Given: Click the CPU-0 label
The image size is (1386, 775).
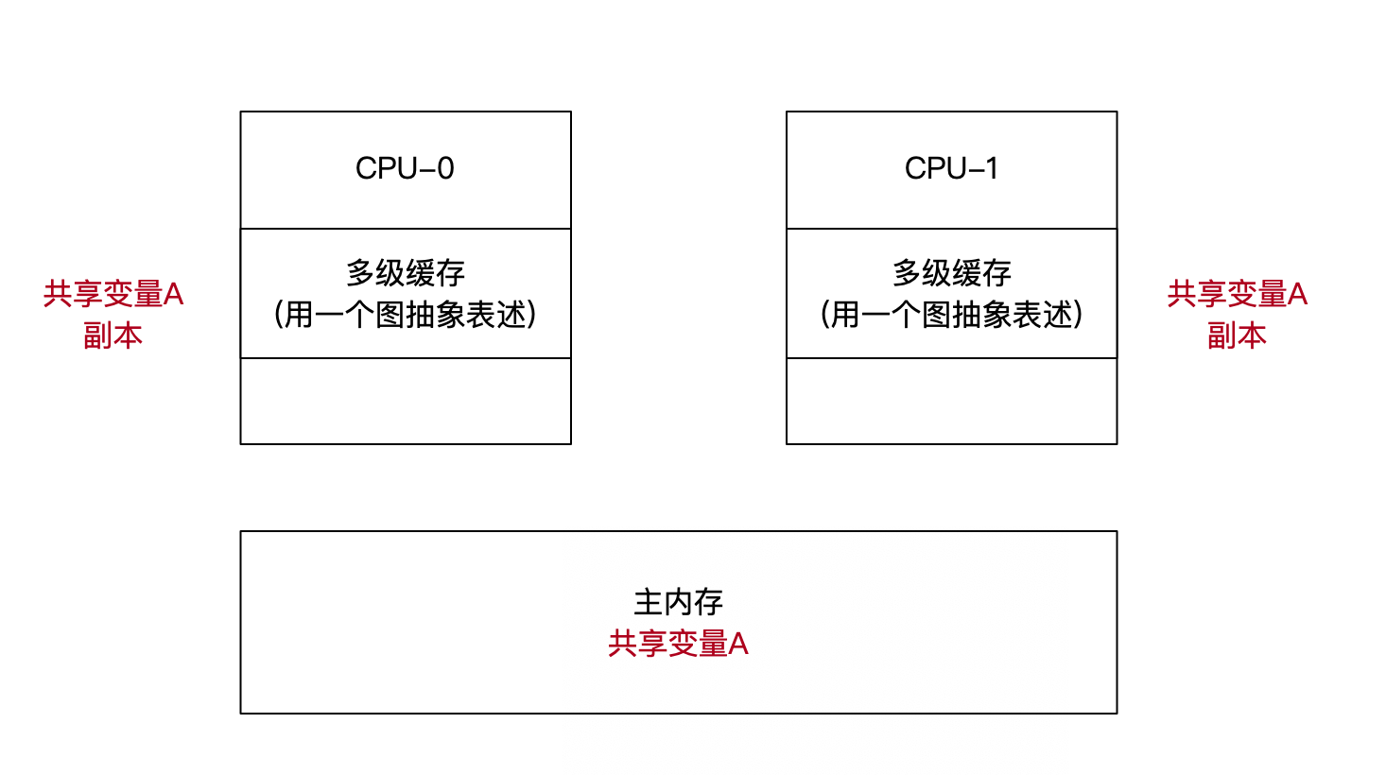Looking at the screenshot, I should coord(405,168).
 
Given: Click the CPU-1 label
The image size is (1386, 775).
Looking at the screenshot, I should coord(951,168).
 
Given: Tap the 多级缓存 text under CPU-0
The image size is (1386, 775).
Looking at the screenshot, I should coord(405,273).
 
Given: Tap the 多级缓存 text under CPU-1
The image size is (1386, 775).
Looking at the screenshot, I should coord(951,273).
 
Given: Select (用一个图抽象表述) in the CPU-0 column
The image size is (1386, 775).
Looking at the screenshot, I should coord(405,315).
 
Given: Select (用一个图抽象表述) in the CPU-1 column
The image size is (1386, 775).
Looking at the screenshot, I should coord(951,315).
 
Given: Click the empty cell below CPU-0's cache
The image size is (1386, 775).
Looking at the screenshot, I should coord(405,401).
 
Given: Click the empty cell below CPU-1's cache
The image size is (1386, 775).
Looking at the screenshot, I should coord(951,401).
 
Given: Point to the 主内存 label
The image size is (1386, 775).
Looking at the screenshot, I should coord(678,602).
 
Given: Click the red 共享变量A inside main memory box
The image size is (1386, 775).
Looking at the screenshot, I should coord(678,645).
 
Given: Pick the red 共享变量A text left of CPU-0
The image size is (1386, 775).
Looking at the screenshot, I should coord(113,295).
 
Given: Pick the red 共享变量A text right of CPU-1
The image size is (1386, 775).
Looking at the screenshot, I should coord(1237,295).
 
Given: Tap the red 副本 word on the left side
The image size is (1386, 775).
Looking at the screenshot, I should coord(113,336).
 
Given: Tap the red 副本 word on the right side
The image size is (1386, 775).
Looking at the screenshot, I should coord(1237,336).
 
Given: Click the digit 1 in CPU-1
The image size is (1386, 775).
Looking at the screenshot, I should coord(991,168).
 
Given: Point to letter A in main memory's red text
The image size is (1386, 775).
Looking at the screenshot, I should coord(738,645).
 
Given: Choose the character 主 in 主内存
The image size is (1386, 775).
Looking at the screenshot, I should coord(648,602).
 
